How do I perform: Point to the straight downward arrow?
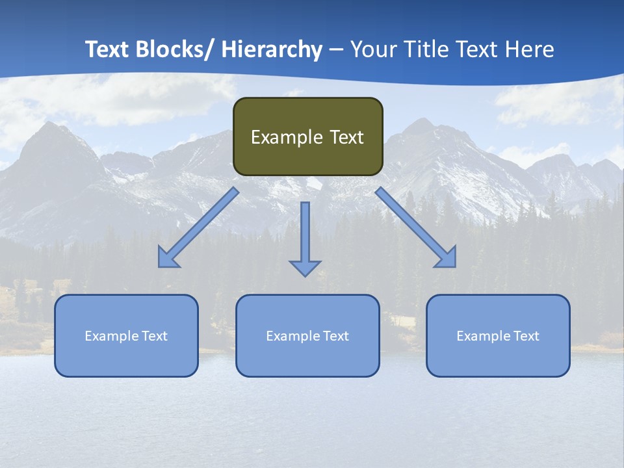point(305,234)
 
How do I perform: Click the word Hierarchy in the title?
point(272,49)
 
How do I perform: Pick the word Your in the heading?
point(374,49)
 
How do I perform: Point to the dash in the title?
point(336,50)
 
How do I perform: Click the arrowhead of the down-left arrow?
point(167,259)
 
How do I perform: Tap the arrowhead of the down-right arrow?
point(447,258)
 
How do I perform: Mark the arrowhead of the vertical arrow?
point(305,267)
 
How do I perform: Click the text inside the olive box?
point(307,137)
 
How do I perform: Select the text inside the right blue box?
point(498,336)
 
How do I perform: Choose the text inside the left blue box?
point(126,336)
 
